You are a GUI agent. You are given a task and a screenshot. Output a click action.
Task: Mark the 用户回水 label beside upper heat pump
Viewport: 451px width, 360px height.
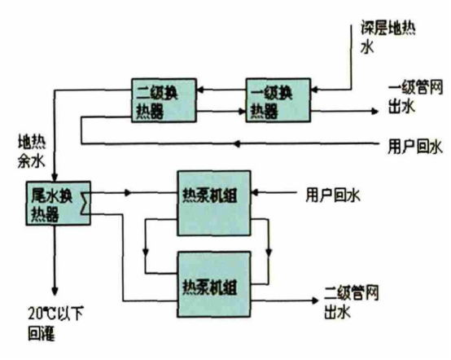click(x=333, y=195)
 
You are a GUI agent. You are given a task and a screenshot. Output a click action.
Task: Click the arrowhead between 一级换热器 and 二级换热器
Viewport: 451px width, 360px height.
click(x=207, y=90)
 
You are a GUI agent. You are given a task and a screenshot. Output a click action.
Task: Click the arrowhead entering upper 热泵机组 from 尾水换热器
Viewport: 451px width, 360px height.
click(x=127, y=193)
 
